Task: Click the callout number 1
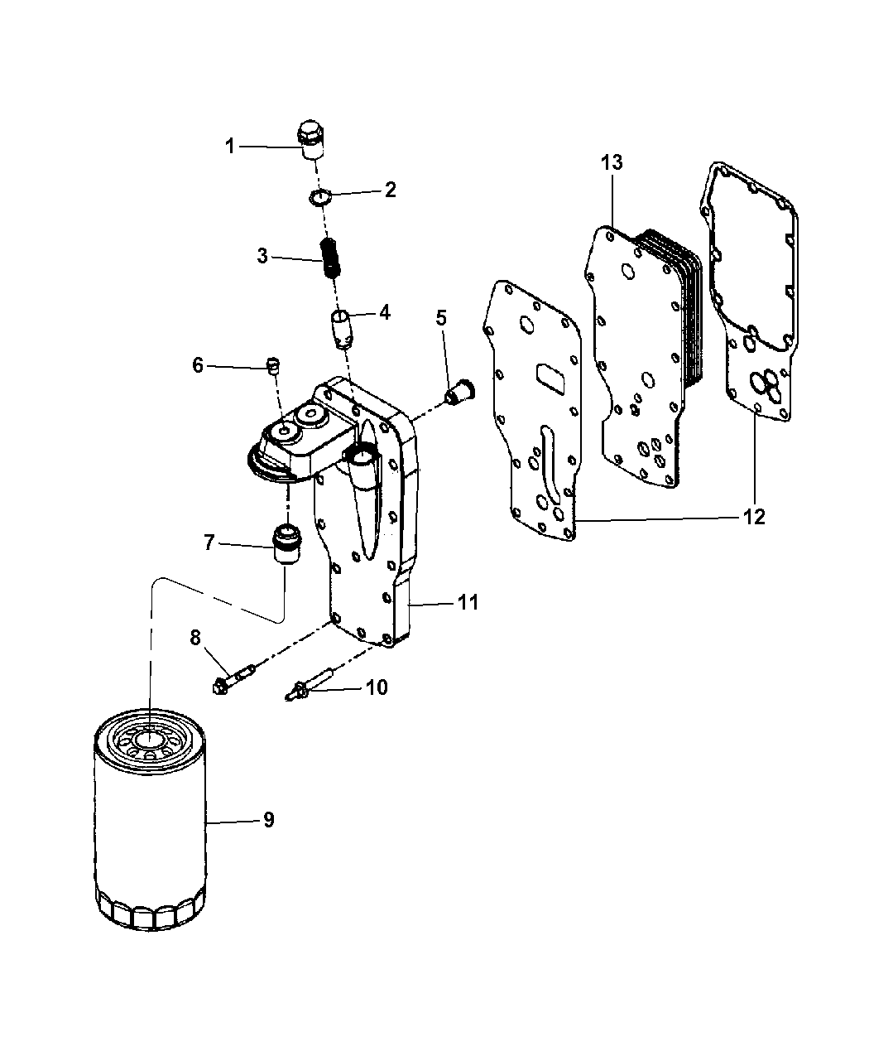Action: point(230,147)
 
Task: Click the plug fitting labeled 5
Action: point(459,391)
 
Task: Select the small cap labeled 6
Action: point(273,364)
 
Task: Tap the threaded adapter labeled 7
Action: point(286,545)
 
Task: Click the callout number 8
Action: point(195,637)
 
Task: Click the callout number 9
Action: point(267,820)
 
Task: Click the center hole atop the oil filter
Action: point(149,740)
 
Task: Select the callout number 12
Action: point(753,518)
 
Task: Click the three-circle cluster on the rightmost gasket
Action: point(762,384)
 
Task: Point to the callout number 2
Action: point(389,190)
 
